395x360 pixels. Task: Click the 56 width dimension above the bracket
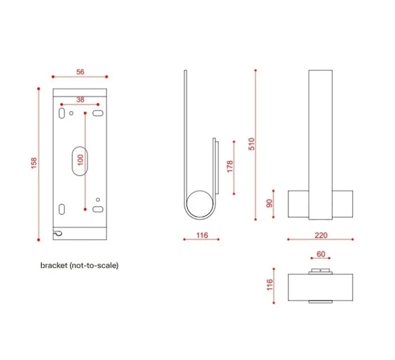click(x=80, y=72)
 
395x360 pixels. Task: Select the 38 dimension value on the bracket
click(x=80, y=100)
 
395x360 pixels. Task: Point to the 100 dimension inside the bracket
click(x=80, y=160)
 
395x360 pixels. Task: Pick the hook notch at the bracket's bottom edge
click(x=59, y=234)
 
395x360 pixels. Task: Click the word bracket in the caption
click(x=53, y=266)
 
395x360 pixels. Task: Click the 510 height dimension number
click(x=251, y=144)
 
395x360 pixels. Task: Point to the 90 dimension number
click(x=269, y=203)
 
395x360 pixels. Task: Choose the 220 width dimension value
click(x=320, y=235)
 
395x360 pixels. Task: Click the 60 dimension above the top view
click(x=320, y=254)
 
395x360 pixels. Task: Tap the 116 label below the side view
click(x=202, y=235)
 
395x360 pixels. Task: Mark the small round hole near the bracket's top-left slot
click(x=72, y=113)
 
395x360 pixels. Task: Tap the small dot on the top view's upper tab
click(x=320, y=269)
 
